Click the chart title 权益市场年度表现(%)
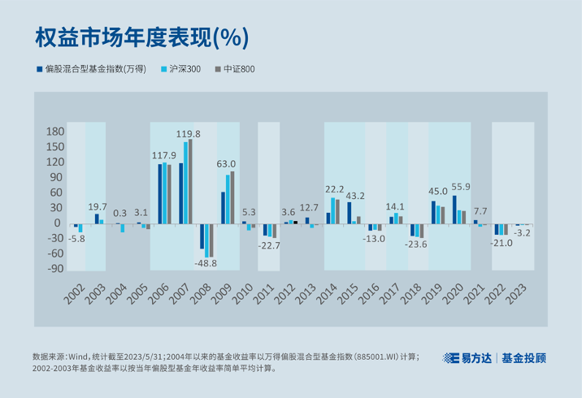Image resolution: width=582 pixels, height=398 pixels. pos(141,37)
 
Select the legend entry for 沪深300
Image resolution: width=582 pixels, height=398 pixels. pos(185,69)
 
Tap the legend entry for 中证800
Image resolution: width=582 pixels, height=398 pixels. pos(237,69)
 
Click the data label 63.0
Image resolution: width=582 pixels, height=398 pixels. pos(226,164)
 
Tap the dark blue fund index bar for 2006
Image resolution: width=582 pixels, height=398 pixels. pos(160,194)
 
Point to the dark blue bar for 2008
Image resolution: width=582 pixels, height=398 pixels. pos(202,236)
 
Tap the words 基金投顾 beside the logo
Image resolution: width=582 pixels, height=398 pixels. pos(523,357)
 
